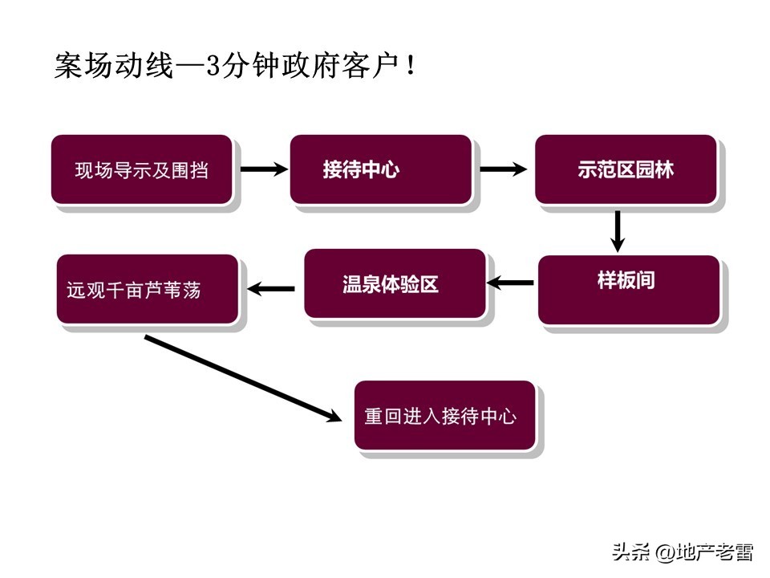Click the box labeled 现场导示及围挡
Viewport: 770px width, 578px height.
142,169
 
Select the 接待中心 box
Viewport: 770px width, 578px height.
380,169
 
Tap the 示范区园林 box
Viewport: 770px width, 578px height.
626,169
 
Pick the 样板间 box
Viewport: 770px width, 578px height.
628,289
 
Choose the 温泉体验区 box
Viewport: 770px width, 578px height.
394,283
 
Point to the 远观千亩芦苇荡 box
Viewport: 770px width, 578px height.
148,289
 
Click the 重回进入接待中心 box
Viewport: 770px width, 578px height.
444,415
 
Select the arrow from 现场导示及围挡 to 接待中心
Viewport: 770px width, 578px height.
263,169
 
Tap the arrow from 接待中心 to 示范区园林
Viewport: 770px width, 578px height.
503,169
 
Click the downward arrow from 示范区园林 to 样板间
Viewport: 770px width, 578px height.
617,231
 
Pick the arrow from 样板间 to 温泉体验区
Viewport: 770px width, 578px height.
511,282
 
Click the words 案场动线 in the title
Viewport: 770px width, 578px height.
113,66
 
